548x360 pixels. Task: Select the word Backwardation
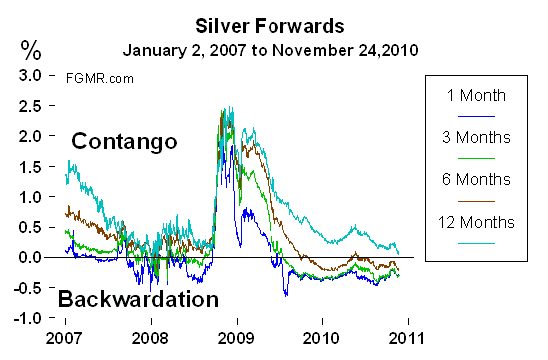(137, 298)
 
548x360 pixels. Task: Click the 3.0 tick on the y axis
(32, 75)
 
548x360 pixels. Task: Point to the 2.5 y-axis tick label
(32, 105)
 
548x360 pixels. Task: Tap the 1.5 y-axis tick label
(32, 166)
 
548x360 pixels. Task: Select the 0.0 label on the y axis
(32, 257)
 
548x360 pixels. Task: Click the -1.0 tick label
(29, 318)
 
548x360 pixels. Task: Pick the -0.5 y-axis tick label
(29, 288)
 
